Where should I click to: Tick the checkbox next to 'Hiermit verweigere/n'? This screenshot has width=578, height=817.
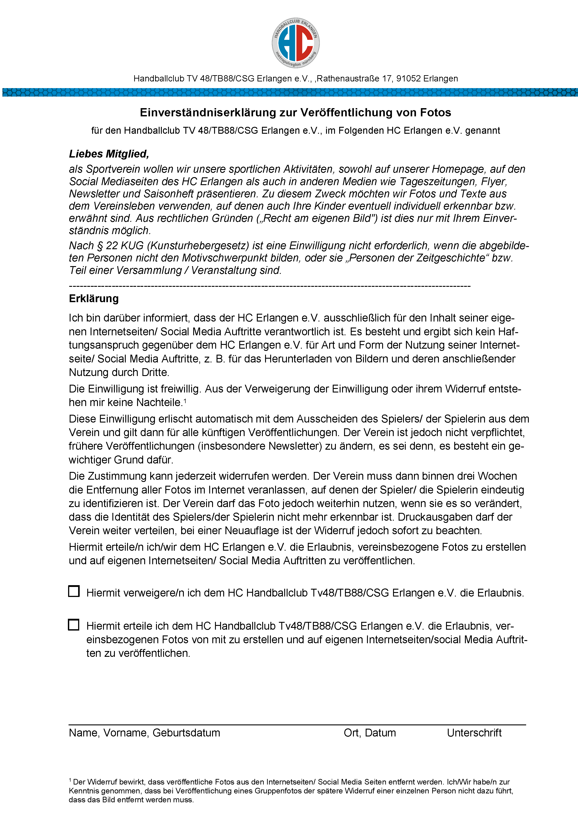(x=74, y=591)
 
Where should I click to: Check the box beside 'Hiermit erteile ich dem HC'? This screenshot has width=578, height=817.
(x=74, y=625)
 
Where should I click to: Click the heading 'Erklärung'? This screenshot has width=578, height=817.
(x=94, y=299)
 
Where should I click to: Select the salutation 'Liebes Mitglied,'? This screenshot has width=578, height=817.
(x=109, y=154)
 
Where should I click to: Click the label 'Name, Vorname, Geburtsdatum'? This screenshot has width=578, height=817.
(x=144, y=733)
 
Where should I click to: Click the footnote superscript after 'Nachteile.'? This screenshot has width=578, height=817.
(x=185, y=400)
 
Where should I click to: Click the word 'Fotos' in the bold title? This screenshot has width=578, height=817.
(x=435, y=112)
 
